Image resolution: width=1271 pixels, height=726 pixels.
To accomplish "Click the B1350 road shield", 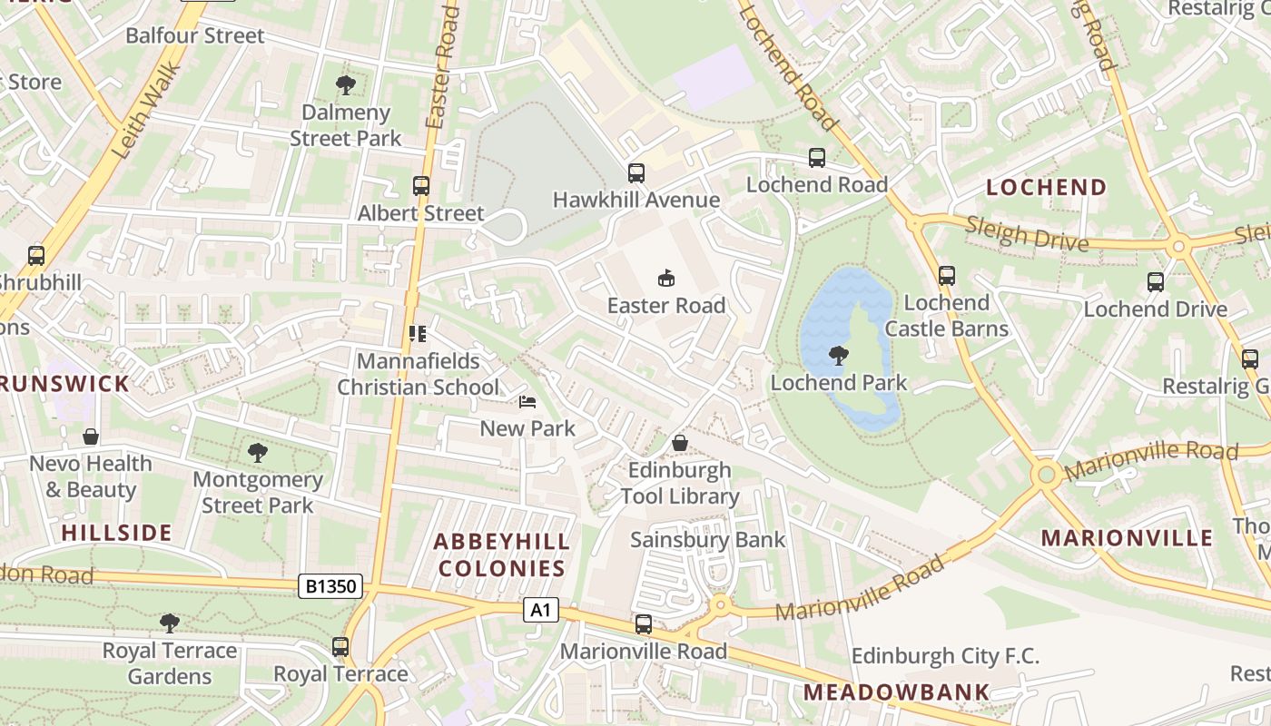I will pos(330,587).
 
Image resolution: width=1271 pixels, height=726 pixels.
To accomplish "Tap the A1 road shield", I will pos(540,611).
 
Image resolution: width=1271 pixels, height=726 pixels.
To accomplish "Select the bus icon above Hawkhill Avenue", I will pos(635,172).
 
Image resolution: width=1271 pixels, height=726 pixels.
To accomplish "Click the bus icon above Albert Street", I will pos(420,186).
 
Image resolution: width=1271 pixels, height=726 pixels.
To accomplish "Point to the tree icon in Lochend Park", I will pos(839,356).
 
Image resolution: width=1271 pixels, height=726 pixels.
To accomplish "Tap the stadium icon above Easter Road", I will pos(666,278).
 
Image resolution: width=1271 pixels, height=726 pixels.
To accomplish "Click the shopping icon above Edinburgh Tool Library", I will pos(679,443).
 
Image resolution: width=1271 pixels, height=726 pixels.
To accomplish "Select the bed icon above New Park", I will pos(527,401).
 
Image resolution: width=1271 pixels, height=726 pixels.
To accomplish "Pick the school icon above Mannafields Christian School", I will pos(418,334).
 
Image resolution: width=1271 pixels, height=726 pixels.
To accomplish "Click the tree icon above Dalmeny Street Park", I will pos(345,85).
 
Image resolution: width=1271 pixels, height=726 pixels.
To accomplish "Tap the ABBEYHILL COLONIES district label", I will pos(501,554).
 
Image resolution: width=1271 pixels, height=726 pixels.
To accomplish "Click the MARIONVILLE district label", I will pos(1127,537).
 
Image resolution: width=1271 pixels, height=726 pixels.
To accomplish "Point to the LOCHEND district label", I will pos(1047,188).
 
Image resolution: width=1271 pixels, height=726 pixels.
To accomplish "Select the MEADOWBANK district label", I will pos(896,692).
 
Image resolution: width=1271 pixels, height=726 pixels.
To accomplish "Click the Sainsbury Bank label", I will pos(708,540).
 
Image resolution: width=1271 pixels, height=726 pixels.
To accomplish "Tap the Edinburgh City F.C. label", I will pos(945,656).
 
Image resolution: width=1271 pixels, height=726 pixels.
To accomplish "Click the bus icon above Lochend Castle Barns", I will pos(947,275).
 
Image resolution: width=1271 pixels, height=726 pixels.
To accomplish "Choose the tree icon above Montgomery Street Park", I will pos(258,452).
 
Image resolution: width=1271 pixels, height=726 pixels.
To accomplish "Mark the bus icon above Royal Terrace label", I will pos(340,647).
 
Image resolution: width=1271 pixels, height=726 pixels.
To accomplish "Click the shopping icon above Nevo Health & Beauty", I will pos(91,437).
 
